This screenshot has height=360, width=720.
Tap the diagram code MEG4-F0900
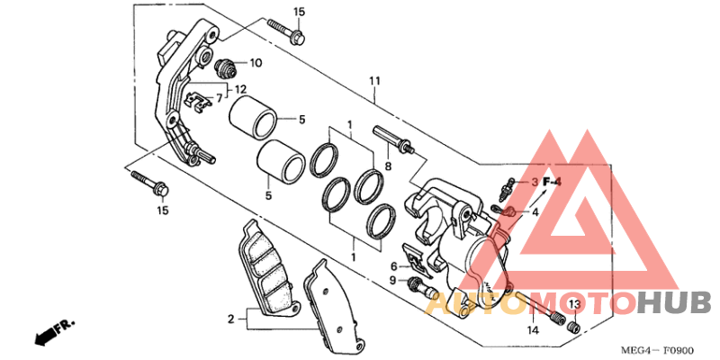click(658, 350)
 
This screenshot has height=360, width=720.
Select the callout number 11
click(375, 82)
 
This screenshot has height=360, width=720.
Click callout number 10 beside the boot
click(256, 62)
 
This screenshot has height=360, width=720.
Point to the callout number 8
click(389, 166)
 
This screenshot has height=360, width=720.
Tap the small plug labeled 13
click(573, 327)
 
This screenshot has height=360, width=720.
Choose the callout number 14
click(533, 329)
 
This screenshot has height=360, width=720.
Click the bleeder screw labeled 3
click(506, 189)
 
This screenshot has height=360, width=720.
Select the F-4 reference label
click(552, 182)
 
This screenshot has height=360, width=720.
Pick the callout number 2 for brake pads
click(231, 319)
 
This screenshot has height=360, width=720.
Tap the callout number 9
click(393, 280)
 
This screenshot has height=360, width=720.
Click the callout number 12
click(240, 88)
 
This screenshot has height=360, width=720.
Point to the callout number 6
click(393, 266)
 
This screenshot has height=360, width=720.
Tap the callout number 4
click(535, 212)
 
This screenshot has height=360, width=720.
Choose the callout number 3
click(535, 183)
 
